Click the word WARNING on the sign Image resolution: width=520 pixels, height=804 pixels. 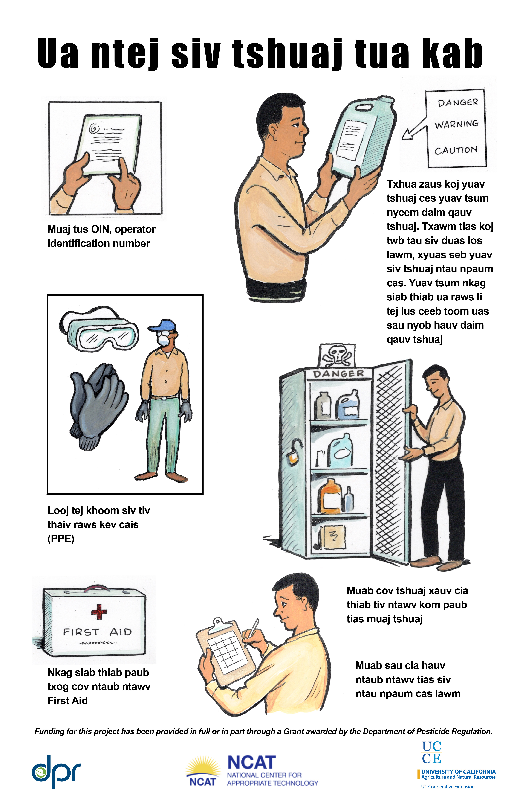click(456, 124)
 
